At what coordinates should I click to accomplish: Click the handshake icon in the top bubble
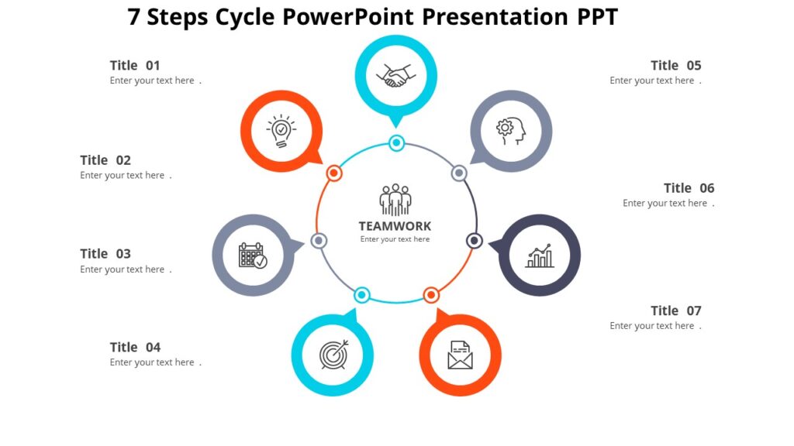pyautogui.click(x=395, y=76)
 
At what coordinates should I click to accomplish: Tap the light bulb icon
pyautogui.click(x=281, y=132)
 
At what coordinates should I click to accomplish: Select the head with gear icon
pyautogui.click(x=511, y=131)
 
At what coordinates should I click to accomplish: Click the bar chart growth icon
pyautogui.click(x=540, y=256)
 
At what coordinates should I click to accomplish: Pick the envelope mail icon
pyautogui.click(x=460, y=355)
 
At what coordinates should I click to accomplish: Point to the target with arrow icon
pyautogui.click(x=333, y=355)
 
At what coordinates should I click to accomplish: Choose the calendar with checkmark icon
pyautogui.click(x=252, y=256)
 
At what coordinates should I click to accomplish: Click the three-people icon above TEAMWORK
pyautogui.click(x=395, y=200)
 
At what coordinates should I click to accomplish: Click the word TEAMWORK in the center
pyautogui.click(x=395, y=226)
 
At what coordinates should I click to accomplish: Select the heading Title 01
pyautogui.click(x=135, y=66)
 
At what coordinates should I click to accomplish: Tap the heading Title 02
pyautogui.click(x=105, y=160)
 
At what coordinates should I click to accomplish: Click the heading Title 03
pyautogui.click(x=105, y=254)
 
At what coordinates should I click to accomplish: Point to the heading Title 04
pyautogui.click(x=135, y=348)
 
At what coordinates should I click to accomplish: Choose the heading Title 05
pyautogui.click(x=675, y=66)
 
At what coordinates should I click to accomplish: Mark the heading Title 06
pyautogui.click(x=689, y=188)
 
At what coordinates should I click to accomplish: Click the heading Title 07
pyautogui.click(x=675, y=311)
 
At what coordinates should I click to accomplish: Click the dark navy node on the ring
pyautogui.click(x=475, y=241)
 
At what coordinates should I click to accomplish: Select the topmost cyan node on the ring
pyautogui.click(x=396, y=142)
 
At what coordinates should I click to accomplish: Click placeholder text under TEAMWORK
pyautogui.click(x=395, y=240)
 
